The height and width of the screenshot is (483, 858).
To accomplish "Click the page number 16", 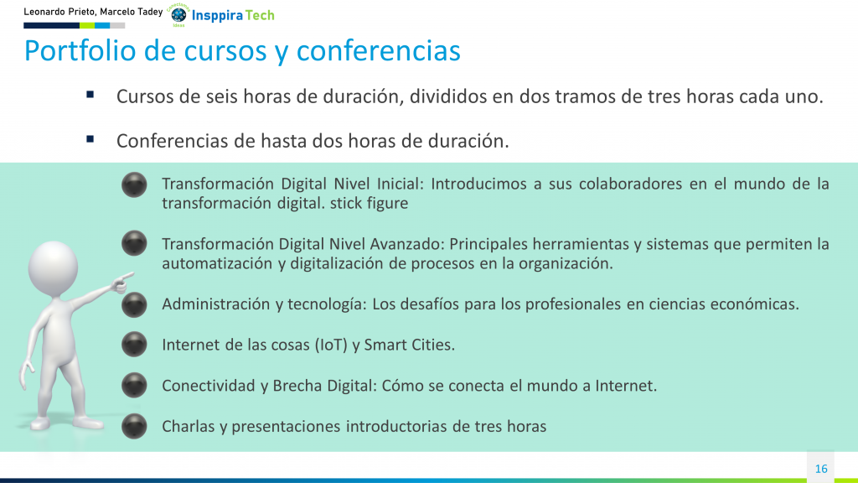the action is click(821, 469).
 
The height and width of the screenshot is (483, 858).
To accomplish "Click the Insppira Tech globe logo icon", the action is click(179, 15).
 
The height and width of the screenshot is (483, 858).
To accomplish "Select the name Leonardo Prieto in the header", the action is click(59, 12).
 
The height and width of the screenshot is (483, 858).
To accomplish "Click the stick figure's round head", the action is click(53, 268).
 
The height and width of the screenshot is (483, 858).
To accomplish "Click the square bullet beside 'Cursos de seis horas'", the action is click(90, 96).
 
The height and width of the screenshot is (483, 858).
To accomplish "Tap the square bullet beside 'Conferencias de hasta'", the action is click(90, 140).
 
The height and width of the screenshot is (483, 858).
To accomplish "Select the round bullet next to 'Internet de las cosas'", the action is click(134, 345).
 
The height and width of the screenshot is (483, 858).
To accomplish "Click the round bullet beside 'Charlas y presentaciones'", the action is click(134, 426).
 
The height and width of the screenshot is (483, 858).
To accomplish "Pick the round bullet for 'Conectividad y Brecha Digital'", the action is click(134, 385).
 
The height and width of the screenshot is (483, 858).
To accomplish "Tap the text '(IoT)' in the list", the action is click(331, 345).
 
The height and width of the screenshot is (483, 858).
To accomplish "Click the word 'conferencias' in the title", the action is click(379, 51).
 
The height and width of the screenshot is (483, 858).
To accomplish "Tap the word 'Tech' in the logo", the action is click(260, 15).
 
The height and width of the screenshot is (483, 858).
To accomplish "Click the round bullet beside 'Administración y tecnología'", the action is click(134, 304).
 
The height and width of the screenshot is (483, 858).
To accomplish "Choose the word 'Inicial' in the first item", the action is click(397, 184).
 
